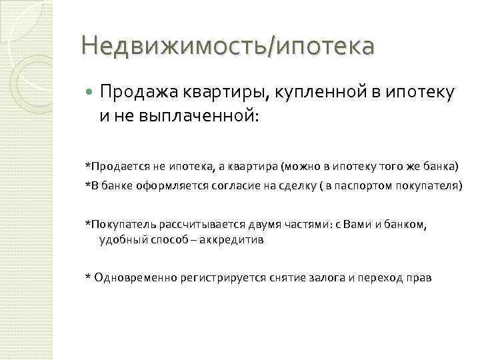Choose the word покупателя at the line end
click(429, 185)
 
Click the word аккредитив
click(236, 240)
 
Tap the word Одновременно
click(136, 277)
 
